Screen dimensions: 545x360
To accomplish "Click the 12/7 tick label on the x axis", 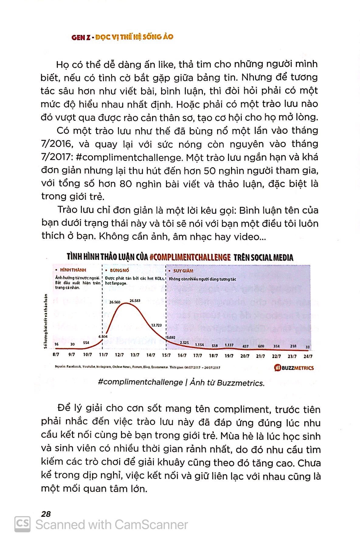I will coord(119,355).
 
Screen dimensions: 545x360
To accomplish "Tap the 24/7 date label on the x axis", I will coord(308,356).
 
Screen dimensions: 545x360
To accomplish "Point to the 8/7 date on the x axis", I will coord(56,355).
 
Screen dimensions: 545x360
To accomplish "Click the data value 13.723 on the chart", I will coord(157,325).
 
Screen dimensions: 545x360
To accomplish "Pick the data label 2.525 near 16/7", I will coord(185,343).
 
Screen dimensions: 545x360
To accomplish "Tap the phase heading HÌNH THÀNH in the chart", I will coord(73,270).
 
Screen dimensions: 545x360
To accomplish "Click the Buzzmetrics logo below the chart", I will coord(294,368).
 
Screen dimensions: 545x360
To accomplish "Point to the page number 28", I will coord(46,514).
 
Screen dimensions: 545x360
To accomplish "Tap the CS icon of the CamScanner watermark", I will coord(22,524).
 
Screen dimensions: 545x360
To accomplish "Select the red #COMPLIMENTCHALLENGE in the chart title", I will coord(190,257).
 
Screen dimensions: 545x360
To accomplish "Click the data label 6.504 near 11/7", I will coord(103,336).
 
